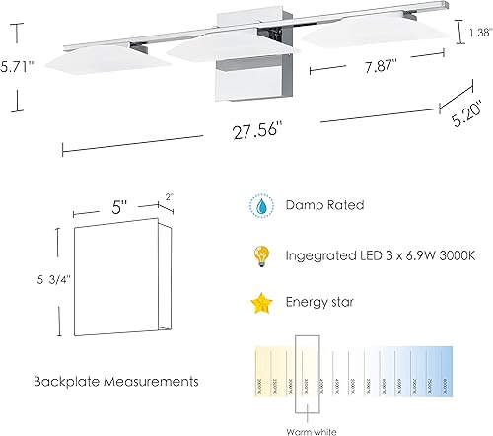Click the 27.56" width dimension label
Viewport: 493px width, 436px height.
click(x=251, y=129)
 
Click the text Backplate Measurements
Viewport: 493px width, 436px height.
click(x=110, y=380)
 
